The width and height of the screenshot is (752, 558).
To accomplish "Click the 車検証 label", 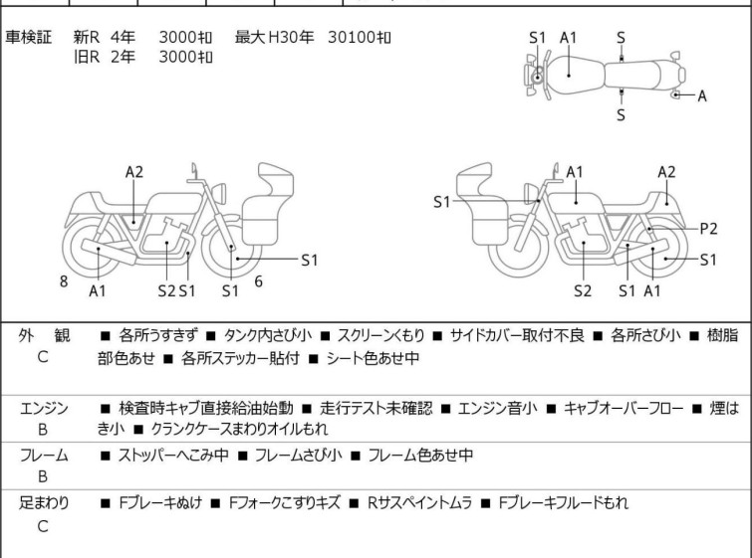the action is click(28, 37).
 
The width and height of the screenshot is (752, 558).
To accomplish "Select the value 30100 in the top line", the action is click(352, 37).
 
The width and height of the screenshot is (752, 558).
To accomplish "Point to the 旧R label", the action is click(87, 57).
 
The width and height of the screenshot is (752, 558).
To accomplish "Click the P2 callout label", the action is click(708, 229).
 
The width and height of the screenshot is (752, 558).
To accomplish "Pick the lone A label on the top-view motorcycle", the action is click(701, 95).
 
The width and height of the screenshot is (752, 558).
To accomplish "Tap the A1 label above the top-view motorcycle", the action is click(568, 38).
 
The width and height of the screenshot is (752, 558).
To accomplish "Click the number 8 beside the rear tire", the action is click(64, 281).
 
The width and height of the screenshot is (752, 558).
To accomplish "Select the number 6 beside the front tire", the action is click(259, 281).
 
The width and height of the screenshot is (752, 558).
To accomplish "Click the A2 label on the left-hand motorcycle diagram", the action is click(134, 171).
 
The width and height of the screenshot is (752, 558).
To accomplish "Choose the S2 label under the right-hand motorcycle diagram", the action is click(583, 290).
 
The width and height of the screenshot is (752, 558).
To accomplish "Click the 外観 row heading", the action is click(44, 335).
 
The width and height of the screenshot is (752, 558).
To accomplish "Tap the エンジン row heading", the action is click(44, 408).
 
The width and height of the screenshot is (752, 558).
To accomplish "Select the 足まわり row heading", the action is click(44, 502).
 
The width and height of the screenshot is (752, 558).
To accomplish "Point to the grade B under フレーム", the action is click(43, 476).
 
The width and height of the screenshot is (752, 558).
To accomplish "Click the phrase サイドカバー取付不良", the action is click(517, 335).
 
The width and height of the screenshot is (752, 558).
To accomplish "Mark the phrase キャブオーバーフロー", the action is click(623, 408).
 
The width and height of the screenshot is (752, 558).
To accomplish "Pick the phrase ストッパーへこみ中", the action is click(173, 455).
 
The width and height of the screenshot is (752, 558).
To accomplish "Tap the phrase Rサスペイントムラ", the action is click(419, 502).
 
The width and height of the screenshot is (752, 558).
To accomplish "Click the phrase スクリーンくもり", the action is click(380, 335).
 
